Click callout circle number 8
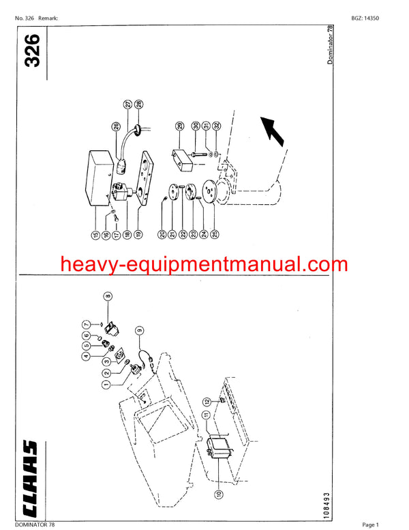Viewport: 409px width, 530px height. tap(108, 296)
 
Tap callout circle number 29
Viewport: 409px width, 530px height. tap(180, 126)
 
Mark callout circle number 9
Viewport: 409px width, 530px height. tap(138, 331)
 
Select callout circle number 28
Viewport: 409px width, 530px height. tap(138, 104)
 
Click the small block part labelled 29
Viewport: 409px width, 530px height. tap(183, 158)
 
